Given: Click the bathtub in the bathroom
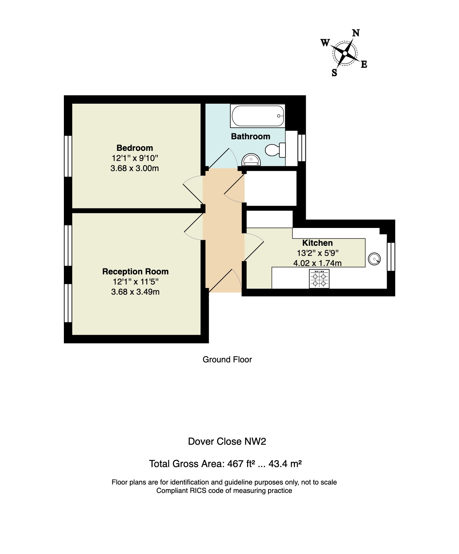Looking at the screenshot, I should point(258,116).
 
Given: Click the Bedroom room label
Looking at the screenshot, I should point(135,148).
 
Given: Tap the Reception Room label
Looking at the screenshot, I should point(135,271).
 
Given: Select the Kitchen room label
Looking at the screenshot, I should point(317,243).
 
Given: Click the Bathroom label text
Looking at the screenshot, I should point(251,136).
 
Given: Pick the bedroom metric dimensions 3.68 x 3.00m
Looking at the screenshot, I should point(135,168).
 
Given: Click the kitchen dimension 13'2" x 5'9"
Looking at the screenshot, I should point(317,253).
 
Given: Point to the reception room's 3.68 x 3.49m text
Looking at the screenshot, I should point(135,292).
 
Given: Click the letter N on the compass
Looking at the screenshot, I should point(356,33).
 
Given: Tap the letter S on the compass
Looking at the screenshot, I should point(334,73).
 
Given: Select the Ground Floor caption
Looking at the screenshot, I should point(227,360).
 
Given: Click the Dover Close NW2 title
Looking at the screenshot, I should point(227,442).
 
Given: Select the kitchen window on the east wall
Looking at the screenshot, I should point(391,257).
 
